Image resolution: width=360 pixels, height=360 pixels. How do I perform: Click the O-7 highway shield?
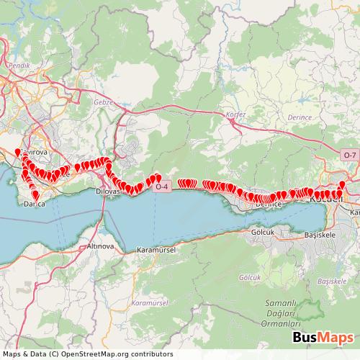click(x=349, y=155)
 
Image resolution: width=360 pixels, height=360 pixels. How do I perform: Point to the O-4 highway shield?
click(x=162, y=187)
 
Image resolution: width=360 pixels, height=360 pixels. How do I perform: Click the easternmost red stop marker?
click(x=341, y=185)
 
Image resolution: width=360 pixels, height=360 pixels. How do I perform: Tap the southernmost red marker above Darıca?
click(x=35, y=193)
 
